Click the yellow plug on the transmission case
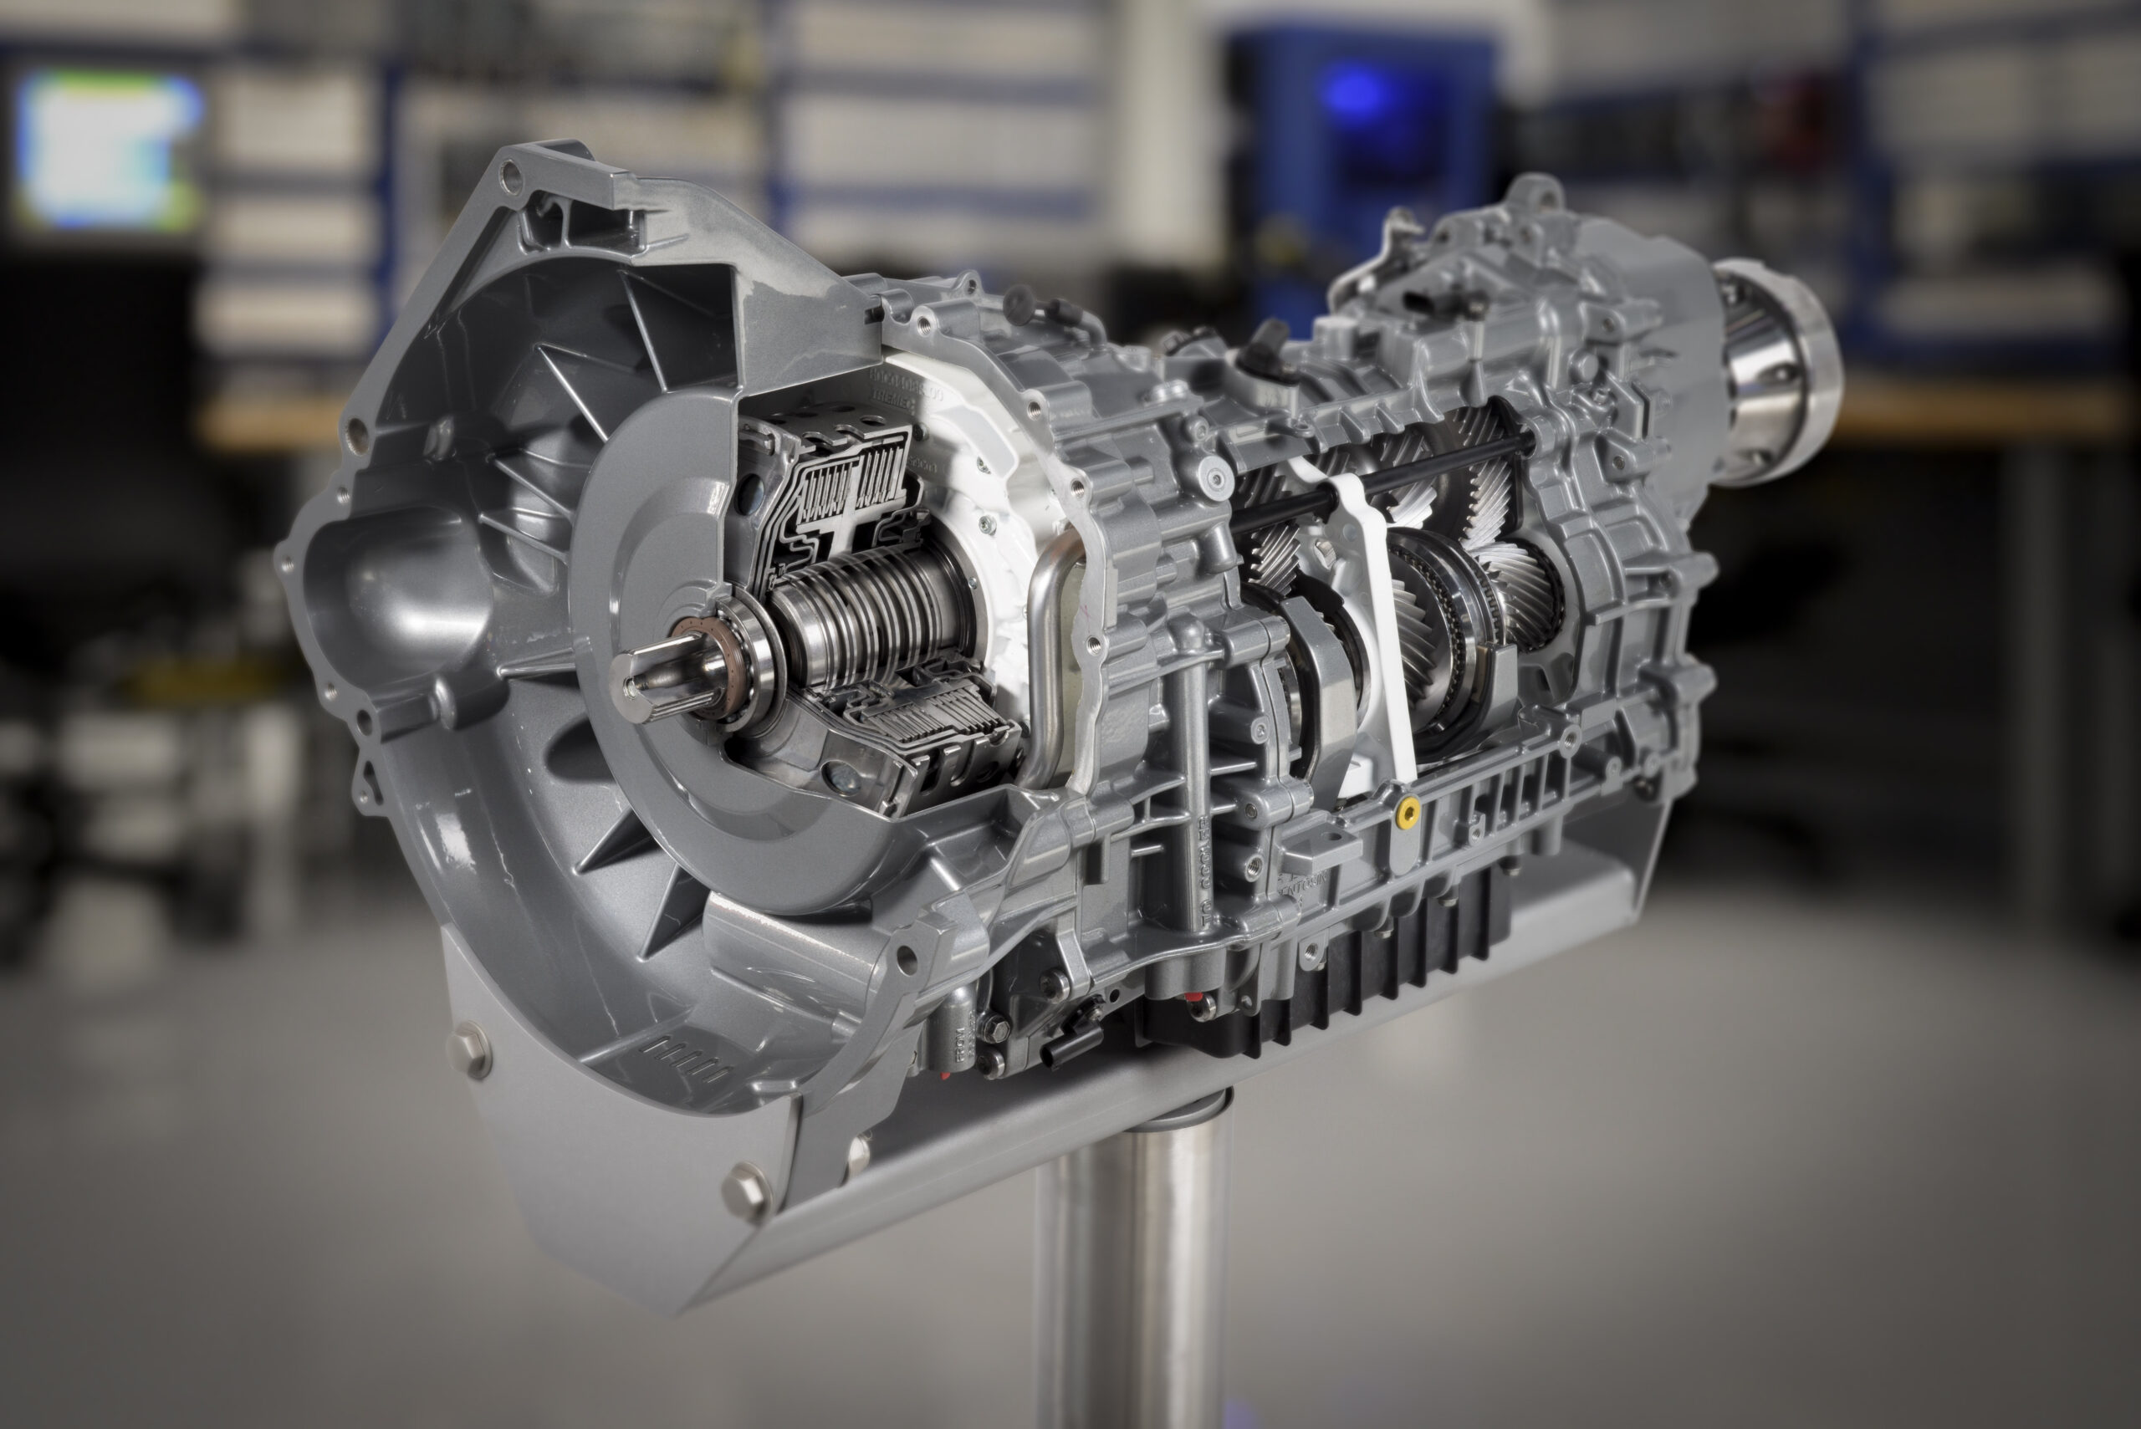coord(1408,812)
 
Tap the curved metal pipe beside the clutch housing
coord(1048,656)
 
